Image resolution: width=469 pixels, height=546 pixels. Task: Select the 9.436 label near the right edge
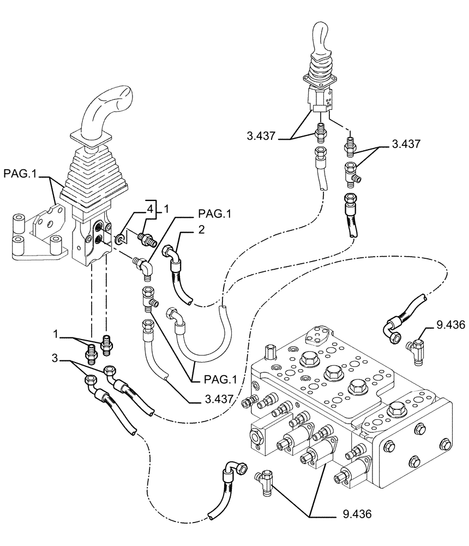[x=450, y=325]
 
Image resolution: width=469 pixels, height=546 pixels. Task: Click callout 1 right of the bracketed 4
[x=167, y=207]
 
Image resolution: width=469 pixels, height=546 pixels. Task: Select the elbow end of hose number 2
[x=173, y=254]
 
